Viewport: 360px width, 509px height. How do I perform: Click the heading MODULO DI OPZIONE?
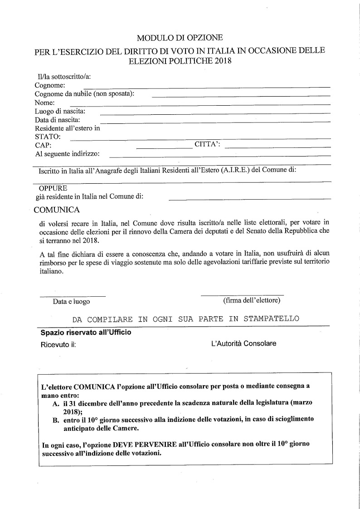pyautogui.click(x=180, y=38)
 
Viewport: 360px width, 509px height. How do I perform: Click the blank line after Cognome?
pyautogui.click(x=206, y=86)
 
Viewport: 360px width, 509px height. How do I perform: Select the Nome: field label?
pyautogui.click(x=45, y=103)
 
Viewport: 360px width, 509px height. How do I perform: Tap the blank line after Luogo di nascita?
pyautogui.click(x=215, y=113)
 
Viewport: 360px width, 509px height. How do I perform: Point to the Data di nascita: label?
pyautogui.click(x=58, y=120)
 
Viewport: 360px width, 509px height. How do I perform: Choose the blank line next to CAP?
pyautogui.click(x=164, y=148)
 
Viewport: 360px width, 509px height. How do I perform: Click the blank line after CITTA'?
pyautogui.click(x=277, y=147)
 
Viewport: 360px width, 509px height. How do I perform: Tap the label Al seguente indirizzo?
pyautogui.click(x=68, y=154)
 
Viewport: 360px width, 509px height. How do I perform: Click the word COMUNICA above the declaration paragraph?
pyautogui.click(x=57, y=210)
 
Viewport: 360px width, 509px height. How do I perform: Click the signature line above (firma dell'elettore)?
pyautogui.click(x=242, y=295)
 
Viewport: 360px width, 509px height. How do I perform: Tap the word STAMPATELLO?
pyautogui.click(x=271, y=319)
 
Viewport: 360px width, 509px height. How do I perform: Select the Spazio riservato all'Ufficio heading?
pyautogui.click(x=86, y=333)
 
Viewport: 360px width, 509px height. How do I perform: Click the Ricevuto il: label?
pyautogui.click(x=58, y=344)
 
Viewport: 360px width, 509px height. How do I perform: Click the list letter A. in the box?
pyautogui.click(x=56, y=403)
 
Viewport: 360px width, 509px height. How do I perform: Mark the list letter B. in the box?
pyautogui.click(x=56, y=420)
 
